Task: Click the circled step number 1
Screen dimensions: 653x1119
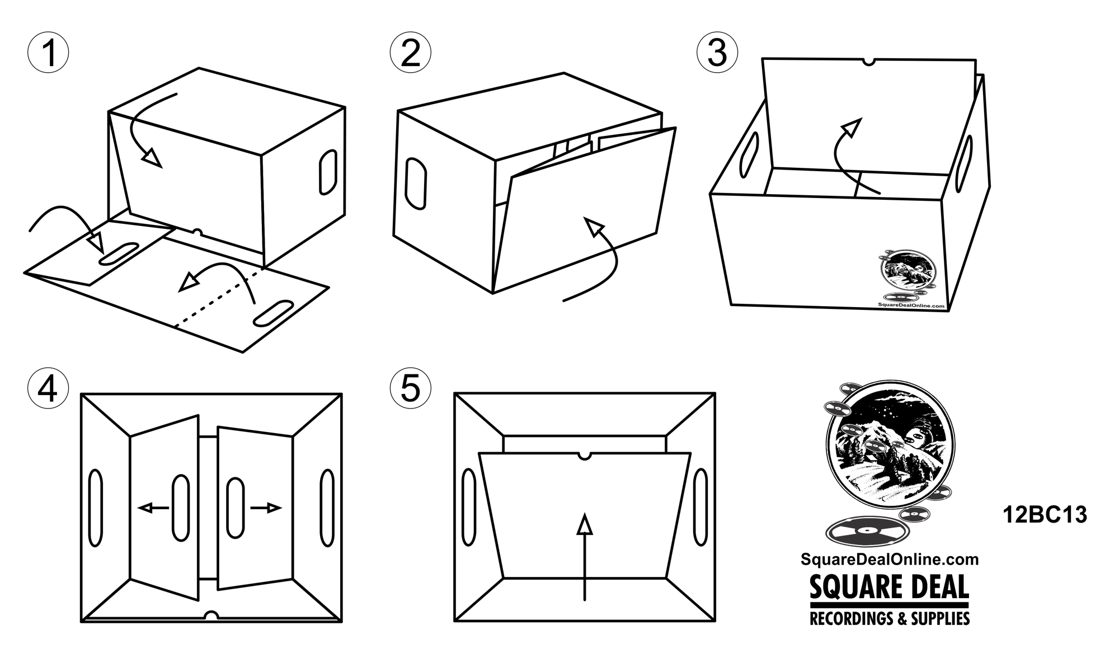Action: tap(49, 53)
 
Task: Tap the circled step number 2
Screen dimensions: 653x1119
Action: tap(411, 53)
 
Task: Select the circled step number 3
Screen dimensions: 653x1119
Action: tap(717, 53)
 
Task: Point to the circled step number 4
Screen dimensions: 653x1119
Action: tap(48, 388)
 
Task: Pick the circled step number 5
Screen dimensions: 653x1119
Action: tap(411, 388)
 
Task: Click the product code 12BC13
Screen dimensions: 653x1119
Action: tap(1045, 515)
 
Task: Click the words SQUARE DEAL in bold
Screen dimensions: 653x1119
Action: tap(889, 588)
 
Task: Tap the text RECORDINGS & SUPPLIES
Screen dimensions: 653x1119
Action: tap(890, 618)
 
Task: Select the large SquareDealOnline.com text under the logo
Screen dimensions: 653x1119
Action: tap(890, 559)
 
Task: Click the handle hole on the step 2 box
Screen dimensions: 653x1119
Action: tap(416, 184)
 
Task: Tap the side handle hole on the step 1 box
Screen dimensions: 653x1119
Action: tap(328, 172)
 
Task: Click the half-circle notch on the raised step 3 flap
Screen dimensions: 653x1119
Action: tap(869, 62)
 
